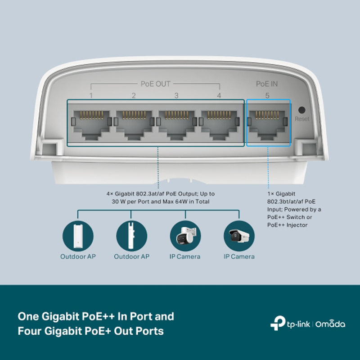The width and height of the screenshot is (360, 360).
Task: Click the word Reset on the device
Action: point(302,119)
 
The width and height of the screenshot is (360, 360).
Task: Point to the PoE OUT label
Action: point(155,84)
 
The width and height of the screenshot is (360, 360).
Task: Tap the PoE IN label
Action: point(267,84)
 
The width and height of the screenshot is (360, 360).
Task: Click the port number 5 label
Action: point(267,95)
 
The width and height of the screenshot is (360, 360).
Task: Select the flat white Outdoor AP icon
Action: point(78,236)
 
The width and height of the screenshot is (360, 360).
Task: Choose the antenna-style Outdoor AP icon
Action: point(131,236)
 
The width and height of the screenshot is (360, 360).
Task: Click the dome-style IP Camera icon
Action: point(185,236)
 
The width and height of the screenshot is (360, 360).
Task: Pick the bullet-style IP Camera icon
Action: point(239,236)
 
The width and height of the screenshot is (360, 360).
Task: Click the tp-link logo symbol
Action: point(278,323)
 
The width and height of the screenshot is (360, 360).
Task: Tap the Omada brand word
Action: point(330,324)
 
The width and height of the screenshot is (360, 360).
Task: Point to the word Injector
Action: point(297,225)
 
